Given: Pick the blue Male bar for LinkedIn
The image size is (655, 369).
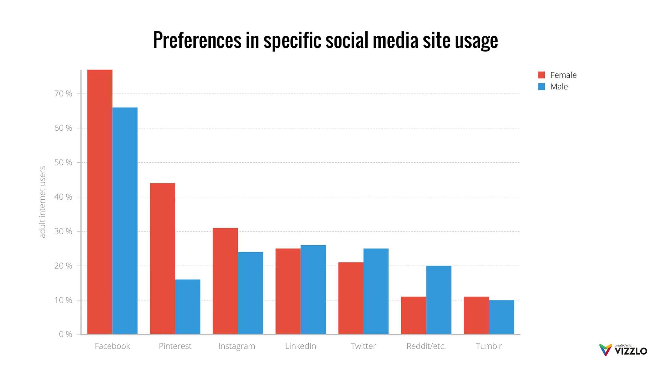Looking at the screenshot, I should click(313, 289).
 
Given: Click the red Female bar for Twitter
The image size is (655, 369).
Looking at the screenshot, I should click(351, 298).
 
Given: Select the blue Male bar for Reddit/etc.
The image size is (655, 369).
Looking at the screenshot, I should click(439, 300).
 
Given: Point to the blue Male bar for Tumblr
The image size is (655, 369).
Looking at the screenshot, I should click(501, 317).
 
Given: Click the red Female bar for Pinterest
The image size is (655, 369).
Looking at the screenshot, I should click(162, 259).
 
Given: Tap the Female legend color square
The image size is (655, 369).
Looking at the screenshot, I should click(541, 75).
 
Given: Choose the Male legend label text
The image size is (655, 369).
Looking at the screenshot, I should click(559, 87).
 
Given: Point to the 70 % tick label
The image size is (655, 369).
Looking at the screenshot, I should click(63, 94).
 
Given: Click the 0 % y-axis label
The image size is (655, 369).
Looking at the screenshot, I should click(65, 334).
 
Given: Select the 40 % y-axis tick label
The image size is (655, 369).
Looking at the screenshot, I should click(63, 197).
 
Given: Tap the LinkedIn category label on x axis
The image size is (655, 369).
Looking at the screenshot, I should click(300, 346).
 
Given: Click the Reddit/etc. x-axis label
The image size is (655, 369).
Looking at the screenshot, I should click(426, 346).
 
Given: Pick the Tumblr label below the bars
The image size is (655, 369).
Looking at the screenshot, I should click(489, 346).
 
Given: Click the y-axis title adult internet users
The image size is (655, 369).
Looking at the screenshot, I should click(42, 202).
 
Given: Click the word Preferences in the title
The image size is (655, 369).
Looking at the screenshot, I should click(197, 40).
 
